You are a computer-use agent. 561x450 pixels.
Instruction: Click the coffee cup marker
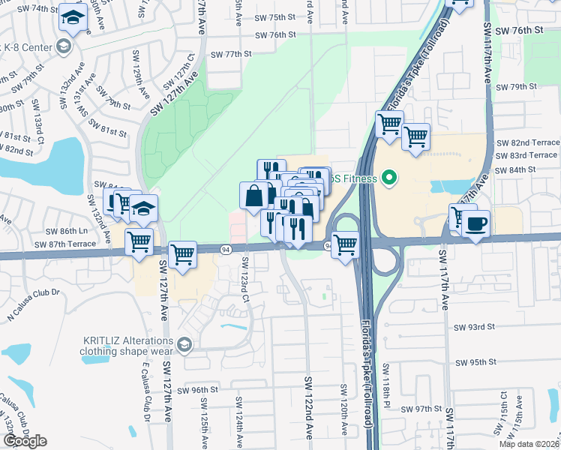point(475,224)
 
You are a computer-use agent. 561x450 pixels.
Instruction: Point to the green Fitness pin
point(388,178)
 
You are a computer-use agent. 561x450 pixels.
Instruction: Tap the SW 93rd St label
point(475,327)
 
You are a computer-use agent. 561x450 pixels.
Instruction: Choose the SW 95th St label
point(476,362)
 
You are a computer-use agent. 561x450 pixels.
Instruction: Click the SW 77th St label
point(229,55)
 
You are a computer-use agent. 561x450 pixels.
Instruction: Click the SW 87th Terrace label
point(66,244)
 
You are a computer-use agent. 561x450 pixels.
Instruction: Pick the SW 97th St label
point(421,409)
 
